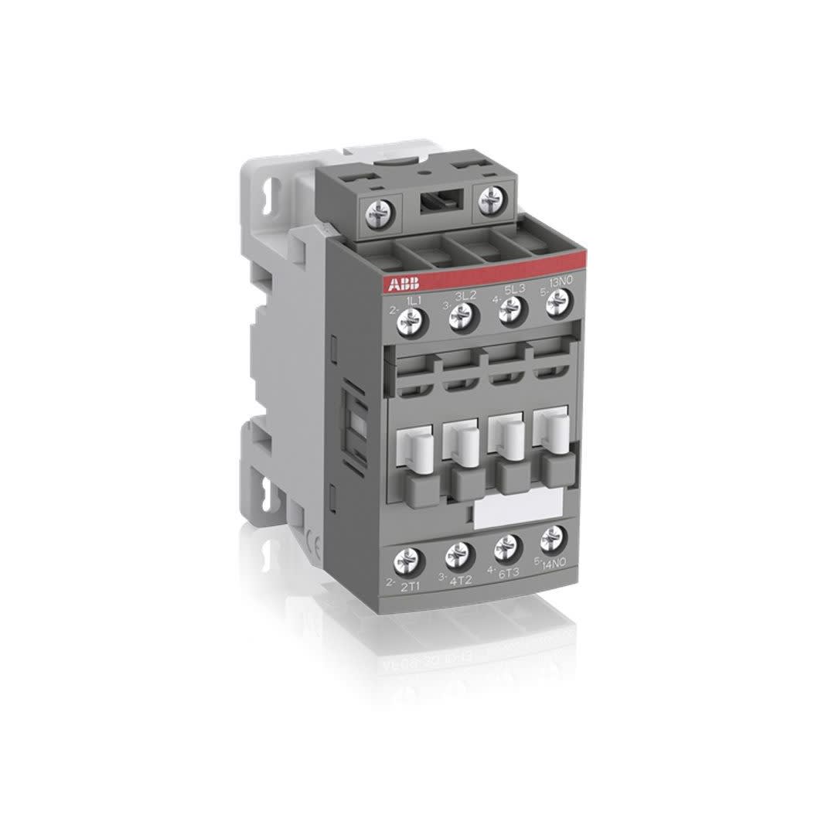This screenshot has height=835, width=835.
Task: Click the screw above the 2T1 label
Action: pos(409,558)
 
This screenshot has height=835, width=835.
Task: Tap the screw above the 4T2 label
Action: pos(458,553)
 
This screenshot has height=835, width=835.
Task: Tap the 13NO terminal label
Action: pos(561,287)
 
